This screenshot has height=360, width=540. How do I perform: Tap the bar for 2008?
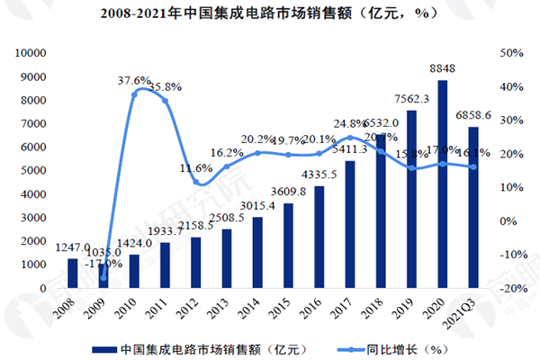click(x=73, y=273)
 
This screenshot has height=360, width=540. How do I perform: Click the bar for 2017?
click(x=349, y=224)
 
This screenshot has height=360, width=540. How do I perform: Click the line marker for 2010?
click(x=134, y=94)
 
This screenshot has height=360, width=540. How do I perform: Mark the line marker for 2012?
click(x=196, y=183)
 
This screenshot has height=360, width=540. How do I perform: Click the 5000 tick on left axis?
click(x=35, y=171)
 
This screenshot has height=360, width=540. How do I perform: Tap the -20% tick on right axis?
click(x=508, y=288)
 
